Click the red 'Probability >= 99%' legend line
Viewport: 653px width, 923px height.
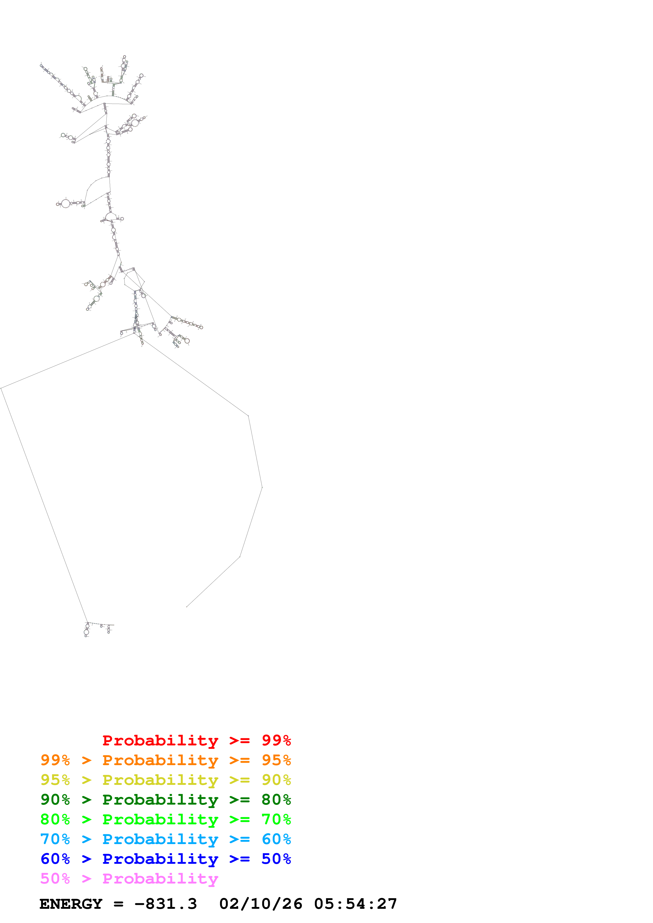tap(196, 740)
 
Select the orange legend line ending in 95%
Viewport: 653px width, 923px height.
tap(165, 760)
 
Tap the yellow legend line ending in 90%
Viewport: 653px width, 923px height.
tap(165, 780)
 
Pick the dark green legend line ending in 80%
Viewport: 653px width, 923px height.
tap(165, 800)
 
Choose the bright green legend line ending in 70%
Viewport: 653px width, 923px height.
tap(165, 819)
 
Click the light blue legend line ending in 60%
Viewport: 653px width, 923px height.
tap(165, 839)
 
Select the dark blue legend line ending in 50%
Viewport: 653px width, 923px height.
tap(165, 859)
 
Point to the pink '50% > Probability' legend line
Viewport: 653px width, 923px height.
tap(129, 878)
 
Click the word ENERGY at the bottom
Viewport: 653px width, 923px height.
tap(71, 904)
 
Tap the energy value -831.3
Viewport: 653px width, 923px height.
tap(166, 904)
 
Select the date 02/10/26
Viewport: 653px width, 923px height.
tap(261, 904)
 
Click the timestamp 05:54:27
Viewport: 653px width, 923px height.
tap(356, 904)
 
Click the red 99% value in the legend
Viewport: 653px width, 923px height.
tap(276, 740)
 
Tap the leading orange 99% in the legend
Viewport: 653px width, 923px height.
tap(55, 760)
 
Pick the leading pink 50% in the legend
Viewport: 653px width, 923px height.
tap(55, 878)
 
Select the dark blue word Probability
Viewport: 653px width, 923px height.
tap(160, 859)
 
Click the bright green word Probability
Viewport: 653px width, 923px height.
tap(160, 819)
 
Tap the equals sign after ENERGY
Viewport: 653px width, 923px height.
tap(118, 904)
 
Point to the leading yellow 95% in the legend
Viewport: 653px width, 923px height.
tap(55, 780)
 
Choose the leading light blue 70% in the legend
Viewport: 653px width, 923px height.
tap(55, 839)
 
